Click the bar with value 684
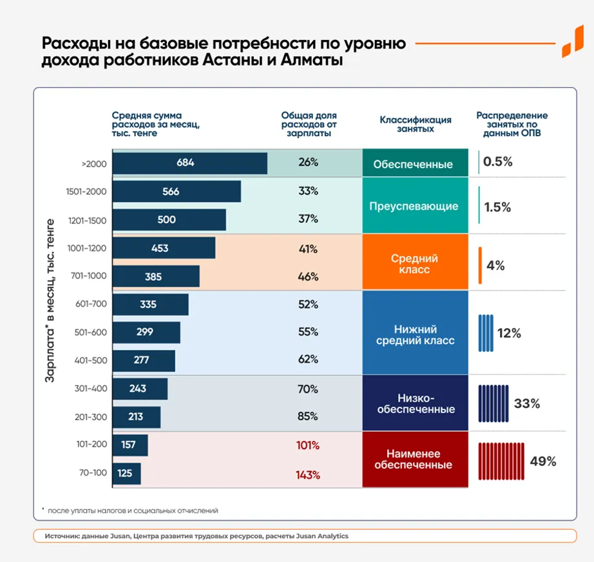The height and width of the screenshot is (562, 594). coord(189,163)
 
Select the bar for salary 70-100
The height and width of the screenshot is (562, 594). coord(126,474)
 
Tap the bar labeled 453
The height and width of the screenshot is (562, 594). coord(164,248)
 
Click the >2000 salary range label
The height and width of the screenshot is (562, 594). coord(93,164)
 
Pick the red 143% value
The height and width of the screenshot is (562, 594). coord(308,475)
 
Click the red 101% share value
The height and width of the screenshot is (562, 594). coord(308,446)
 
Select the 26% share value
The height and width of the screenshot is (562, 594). coord(308,162)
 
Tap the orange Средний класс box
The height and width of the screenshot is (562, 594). coord(414,264)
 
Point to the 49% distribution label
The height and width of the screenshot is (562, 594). coord(542,461)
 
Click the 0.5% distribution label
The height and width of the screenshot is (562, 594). coord(497,162)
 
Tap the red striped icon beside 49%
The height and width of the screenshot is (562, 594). coord(501,461)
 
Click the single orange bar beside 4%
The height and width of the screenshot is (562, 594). coord(480,266)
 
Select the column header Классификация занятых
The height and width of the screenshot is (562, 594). coord(415,124)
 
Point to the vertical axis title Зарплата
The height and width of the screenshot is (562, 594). coord(49,300)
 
